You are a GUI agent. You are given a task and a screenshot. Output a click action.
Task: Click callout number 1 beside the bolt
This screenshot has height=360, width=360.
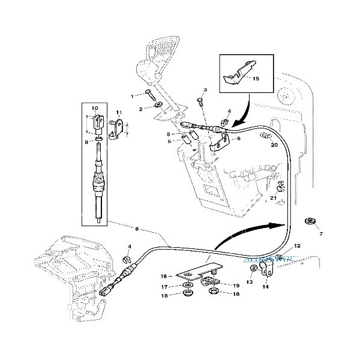click(132, 96)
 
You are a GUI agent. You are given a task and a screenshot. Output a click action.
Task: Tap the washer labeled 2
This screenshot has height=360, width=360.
click(157, 105)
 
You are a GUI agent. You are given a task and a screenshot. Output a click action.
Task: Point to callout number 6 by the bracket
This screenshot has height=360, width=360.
click(238, 139)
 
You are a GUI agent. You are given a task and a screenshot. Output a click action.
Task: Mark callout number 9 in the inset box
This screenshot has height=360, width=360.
click(86, 142)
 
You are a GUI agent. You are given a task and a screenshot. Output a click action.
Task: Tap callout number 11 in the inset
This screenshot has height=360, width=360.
click(118, 112)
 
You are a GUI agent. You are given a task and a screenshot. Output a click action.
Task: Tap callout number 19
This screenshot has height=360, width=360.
click(236, 286)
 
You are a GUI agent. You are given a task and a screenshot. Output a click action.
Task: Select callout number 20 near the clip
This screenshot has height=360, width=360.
click(274, 145)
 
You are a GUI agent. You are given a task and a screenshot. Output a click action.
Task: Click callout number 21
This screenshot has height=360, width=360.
click(273, 198)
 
